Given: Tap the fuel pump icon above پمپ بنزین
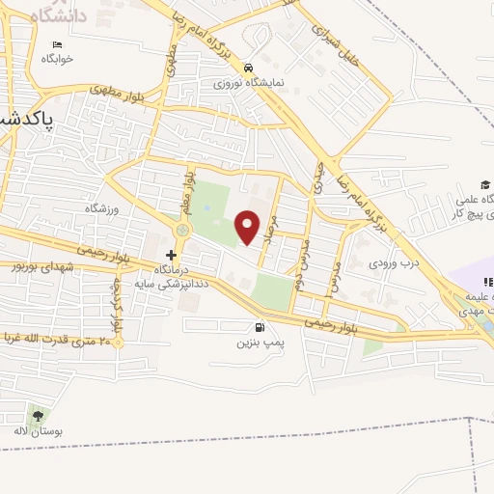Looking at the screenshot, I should pyautogui.click(x=260, y=327).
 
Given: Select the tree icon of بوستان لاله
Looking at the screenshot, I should pyautogui.click(x=38, y=416).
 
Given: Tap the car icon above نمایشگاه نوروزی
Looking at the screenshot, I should pyautogui.click(x=249, y=68).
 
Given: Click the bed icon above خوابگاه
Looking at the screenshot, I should pyautogui.click(x=57, y=45).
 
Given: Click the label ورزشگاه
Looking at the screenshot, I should pyautogui.click(x=99, y=209).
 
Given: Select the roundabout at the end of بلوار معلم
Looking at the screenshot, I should pyautogui.click(x=182, y=231).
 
